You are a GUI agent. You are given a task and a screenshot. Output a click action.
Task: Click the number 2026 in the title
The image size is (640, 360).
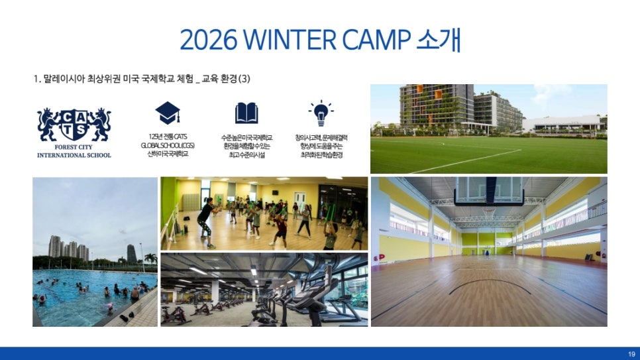point(208,40)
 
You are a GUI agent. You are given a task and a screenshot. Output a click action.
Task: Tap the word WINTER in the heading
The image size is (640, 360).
point(290,40)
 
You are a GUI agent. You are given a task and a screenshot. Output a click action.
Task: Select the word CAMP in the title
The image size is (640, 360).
point(376,40)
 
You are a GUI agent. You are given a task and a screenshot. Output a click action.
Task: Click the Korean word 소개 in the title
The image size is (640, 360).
point(439,40)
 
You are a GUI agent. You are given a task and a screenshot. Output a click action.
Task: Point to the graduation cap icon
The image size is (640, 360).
point(168,113)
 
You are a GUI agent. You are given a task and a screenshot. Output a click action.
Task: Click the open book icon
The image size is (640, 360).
point(246,113)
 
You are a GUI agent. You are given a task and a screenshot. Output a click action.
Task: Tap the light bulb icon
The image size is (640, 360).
point(321,113)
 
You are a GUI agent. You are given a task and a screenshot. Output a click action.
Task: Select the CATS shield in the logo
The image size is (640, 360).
point(74,123)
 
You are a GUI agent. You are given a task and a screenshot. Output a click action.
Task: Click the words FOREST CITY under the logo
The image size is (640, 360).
point(74,147)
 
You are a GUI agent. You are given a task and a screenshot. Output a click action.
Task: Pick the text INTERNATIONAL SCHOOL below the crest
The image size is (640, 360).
point(74,155)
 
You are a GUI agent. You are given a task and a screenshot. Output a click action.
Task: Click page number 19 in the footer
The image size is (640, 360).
point(631,354)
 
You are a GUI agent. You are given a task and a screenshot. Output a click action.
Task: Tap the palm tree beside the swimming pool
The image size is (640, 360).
point(150,259)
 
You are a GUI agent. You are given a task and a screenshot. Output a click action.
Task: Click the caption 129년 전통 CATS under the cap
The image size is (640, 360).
point(168,137)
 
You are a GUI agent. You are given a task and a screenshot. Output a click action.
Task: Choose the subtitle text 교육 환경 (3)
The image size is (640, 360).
point(226,78)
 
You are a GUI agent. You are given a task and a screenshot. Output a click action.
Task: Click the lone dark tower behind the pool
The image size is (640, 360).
point(131,253)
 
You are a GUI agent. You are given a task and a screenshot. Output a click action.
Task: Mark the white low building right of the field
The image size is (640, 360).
point(562,124)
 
